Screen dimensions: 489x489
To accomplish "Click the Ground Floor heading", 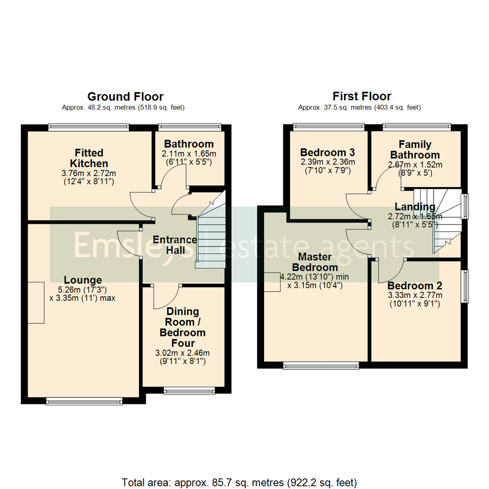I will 125,96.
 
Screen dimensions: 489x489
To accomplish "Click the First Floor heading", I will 362,96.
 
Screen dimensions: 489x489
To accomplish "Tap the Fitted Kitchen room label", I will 89,158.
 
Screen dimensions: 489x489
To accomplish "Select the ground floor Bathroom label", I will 189,144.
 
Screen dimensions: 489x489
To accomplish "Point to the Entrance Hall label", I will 174,244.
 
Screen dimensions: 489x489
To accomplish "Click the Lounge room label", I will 82,280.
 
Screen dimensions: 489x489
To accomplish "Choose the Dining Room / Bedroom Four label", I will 182,327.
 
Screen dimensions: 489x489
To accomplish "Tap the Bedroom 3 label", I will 327,152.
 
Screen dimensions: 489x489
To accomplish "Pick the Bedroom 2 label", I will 415,286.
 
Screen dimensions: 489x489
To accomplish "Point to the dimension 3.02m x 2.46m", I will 182,353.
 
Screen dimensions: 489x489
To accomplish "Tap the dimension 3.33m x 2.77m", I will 415,295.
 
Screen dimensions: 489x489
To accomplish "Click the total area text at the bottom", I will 240,481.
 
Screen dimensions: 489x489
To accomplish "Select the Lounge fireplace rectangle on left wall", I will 36,302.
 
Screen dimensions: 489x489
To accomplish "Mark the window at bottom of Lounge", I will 84,400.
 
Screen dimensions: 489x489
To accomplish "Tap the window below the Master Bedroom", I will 321,364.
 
